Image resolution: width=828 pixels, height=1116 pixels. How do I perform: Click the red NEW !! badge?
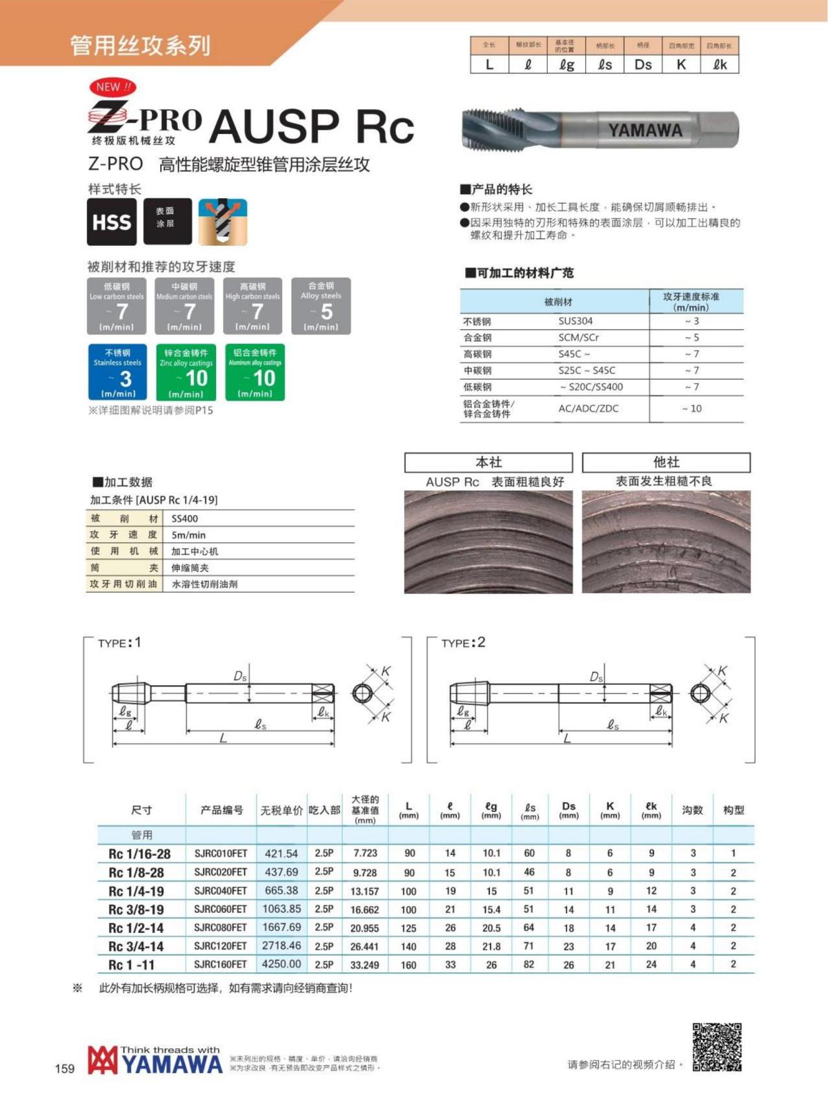(112, 87)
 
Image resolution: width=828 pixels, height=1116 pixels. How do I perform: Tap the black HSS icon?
(111, 222)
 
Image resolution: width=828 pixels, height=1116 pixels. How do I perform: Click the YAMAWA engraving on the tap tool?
(644, 130)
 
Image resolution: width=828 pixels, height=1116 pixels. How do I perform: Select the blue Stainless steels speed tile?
(117, 372)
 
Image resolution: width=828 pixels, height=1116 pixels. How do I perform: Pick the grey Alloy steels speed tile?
(321, 306)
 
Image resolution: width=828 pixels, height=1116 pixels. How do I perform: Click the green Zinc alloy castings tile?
(186, 372)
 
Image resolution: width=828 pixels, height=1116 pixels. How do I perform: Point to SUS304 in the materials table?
(575, 321)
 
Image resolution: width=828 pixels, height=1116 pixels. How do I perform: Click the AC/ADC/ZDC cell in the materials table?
(588, 408)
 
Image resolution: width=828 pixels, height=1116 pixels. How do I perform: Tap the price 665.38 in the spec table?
(281, 891)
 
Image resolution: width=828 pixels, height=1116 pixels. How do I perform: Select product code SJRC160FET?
(220, 964)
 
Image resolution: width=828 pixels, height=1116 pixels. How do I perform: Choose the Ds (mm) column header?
(569, 809)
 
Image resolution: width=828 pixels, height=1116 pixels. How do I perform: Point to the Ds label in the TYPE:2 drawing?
(596, 677)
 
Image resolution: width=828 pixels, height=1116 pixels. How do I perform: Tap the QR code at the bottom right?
(717, 1047)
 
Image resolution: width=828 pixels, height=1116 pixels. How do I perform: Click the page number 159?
(64, 1068)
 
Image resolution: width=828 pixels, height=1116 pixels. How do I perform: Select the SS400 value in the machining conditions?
(185, 519)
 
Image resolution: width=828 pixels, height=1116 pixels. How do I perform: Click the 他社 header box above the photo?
(666, 462)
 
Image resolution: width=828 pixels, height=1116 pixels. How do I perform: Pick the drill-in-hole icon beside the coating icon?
(222, 222)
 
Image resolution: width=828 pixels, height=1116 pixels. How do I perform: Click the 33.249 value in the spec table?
(364, 965)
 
